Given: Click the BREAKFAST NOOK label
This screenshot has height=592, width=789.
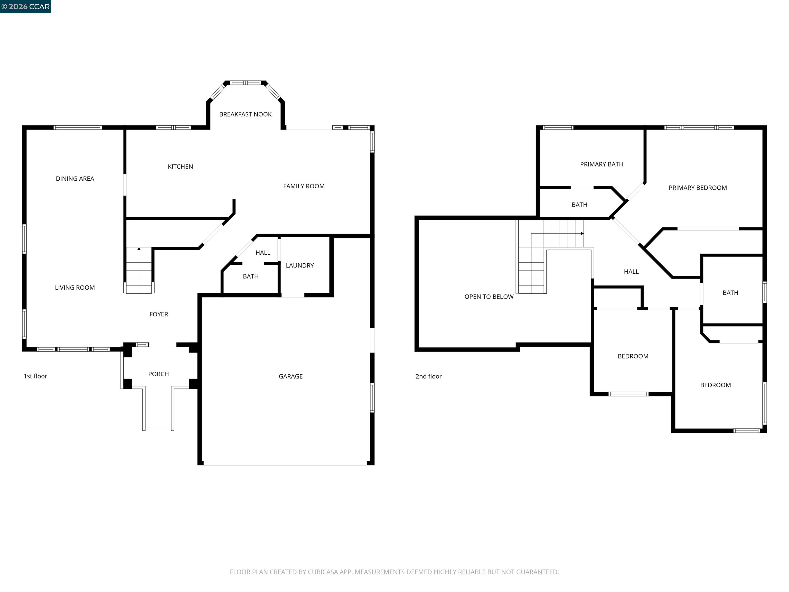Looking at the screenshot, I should point(245,114).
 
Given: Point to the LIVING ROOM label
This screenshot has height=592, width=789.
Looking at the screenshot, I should point(75,288).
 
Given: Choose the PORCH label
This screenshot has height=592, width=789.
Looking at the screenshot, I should point(158,374).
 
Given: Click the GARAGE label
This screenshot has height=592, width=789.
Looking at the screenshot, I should point(291,376).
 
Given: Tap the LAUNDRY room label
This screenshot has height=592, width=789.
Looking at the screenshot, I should point(300,265).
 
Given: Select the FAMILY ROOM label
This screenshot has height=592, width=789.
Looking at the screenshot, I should point(304,186).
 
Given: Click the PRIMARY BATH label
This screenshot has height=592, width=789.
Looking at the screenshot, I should point(602,164).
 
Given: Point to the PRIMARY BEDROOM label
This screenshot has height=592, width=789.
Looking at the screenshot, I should point(698,188).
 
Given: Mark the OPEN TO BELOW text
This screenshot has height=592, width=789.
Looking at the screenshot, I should point(489,297).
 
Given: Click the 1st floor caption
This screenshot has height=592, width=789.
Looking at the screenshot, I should point(35,376).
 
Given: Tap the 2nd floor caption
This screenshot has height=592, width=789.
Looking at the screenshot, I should point(428,376).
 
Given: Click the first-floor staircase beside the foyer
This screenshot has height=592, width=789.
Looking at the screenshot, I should point(139,271).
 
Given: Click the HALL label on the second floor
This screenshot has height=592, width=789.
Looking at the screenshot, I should point(631,272).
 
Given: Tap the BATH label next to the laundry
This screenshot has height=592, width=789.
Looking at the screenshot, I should point(250,276).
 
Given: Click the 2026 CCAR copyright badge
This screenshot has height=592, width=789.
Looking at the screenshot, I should point(26,6).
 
